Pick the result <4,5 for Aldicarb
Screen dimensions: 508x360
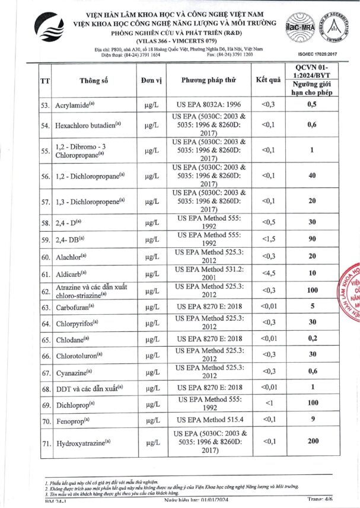click(268, 274)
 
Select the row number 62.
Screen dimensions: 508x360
click(45, 291)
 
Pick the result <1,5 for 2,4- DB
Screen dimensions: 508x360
click(268, 239)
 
